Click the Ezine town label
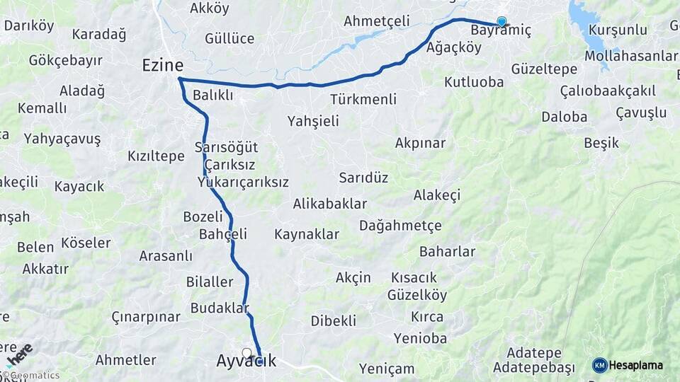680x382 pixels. (163, 65)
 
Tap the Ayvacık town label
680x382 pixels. (246, 361)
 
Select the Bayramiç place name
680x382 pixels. (501, 30)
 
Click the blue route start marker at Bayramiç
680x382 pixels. (501, 21)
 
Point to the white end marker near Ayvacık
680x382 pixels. (246, 352)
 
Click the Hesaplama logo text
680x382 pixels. (636, 365)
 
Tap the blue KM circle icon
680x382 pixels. (600, 365)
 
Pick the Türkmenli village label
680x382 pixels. (363, 99)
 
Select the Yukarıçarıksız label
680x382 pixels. (243, 182)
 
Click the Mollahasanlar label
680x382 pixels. (631, 56)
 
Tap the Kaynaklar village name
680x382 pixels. (307, 233)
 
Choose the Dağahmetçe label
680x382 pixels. (400, 226)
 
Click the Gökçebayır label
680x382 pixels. (66, 60)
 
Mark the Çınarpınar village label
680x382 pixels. (146, 316)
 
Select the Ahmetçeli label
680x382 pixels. (377, 21)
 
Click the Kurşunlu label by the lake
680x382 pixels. (618, 30)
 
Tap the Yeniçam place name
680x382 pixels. (387, 368)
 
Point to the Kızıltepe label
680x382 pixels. (156, 156)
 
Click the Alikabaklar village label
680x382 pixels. (330, 204)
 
